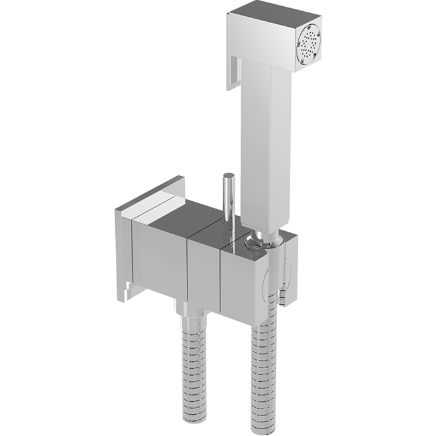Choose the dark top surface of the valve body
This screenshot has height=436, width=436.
point(187,215)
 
